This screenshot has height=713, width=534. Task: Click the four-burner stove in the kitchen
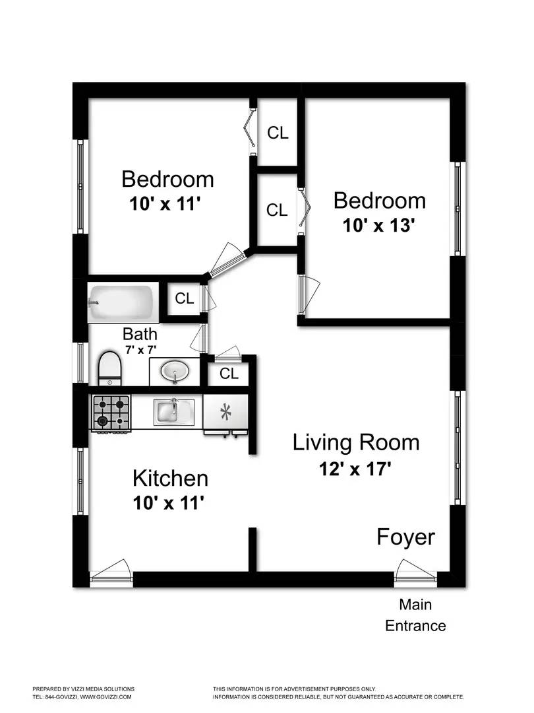coord(111,412)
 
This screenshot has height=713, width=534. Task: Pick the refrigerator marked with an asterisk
coord(225,413)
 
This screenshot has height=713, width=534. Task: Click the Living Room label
coord(356,442)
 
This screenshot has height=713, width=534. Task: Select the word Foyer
coord(405,537)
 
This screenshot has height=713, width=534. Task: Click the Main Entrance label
coord(415,615)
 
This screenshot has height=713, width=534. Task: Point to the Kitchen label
coord(171,478)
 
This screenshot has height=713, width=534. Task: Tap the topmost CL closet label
coord(278,133)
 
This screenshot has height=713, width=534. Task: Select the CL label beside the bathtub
coord(184,298)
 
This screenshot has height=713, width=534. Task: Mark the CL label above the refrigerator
coord(229,374)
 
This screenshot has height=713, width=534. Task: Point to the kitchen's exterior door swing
coord(111,570)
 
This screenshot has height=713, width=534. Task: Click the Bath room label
coord(140,333)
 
